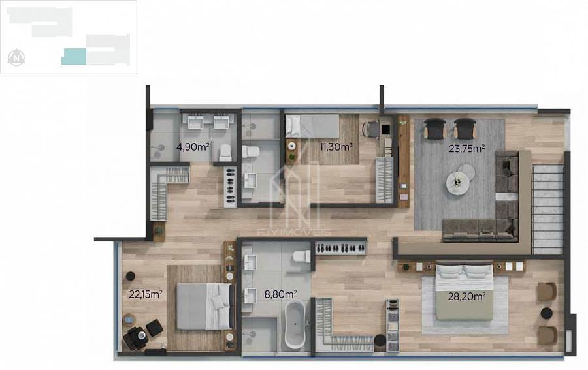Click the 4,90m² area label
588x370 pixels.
coord(193,146)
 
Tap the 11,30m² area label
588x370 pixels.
coord(336,146)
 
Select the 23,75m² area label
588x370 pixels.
coord(467,148)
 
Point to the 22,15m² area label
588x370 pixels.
coord(146,294)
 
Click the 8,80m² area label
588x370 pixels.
coord(280,294)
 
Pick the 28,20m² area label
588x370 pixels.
coord(467,297)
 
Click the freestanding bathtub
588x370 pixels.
coord(295,324)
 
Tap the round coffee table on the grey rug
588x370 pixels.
coord(457,183)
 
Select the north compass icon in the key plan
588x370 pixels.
coord(16,57)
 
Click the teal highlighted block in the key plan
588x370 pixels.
coord(73,57)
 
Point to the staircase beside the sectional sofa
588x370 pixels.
coord(548,210)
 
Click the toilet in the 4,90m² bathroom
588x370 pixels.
coord(225,153)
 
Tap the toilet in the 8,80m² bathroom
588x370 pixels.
coord(301,256)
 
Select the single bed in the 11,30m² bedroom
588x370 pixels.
coord(312,126)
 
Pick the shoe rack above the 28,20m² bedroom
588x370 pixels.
coord(340,248)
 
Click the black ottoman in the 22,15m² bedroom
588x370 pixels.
coord(154,328)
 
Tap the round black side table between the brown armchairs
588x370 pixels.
coord(546,313)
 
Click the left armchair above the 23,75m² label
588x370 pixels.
coord(435,129)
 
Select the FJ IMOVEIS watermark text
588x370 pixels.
coord(294,232)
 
